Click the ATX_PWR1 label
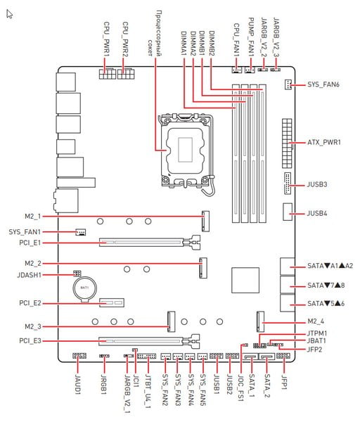click(324, 142)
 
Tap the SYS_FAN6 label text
click(323, 84)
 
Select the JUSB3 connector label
click(317, 184)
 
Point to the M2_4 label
click(316, 321)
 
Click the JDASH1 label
click(29, 275)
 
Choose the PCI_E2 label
click(30, 303)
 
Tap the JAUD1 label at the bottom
click(78, 384)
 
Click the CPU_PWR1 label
click(107, 39)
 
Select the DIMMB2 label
click(212, 44)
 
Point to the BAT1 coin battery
click(84, 288)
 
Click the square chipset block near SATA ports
click(245, 280)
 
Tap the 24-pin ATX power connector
click(287, 143)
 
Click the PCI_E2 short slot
click(112, 302)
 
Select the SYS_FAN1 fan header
click(80, 231)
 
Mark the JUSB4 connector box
click(288, 212)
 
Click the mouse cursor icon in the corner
click(9, 14)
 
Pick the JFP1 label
click(284, 382)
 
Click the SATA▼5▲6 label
click(326, 304)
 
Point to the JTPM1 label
click(317, 333)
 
